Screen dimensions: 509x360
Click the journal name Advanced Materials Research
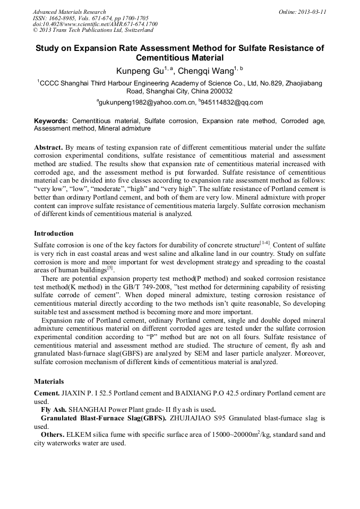(69, 12)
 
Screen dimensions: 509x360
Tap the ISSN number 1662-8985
(62, 18)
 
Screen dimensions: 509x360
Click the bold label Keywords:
(51, 121)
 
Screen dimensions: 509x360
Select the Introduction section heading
(54, 234)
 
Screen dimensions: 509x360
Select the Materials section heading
(49, 381)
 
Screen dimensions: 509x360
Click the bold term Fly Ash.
(54, 409)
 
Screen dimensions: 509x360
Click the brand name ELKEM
(78, 435)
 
